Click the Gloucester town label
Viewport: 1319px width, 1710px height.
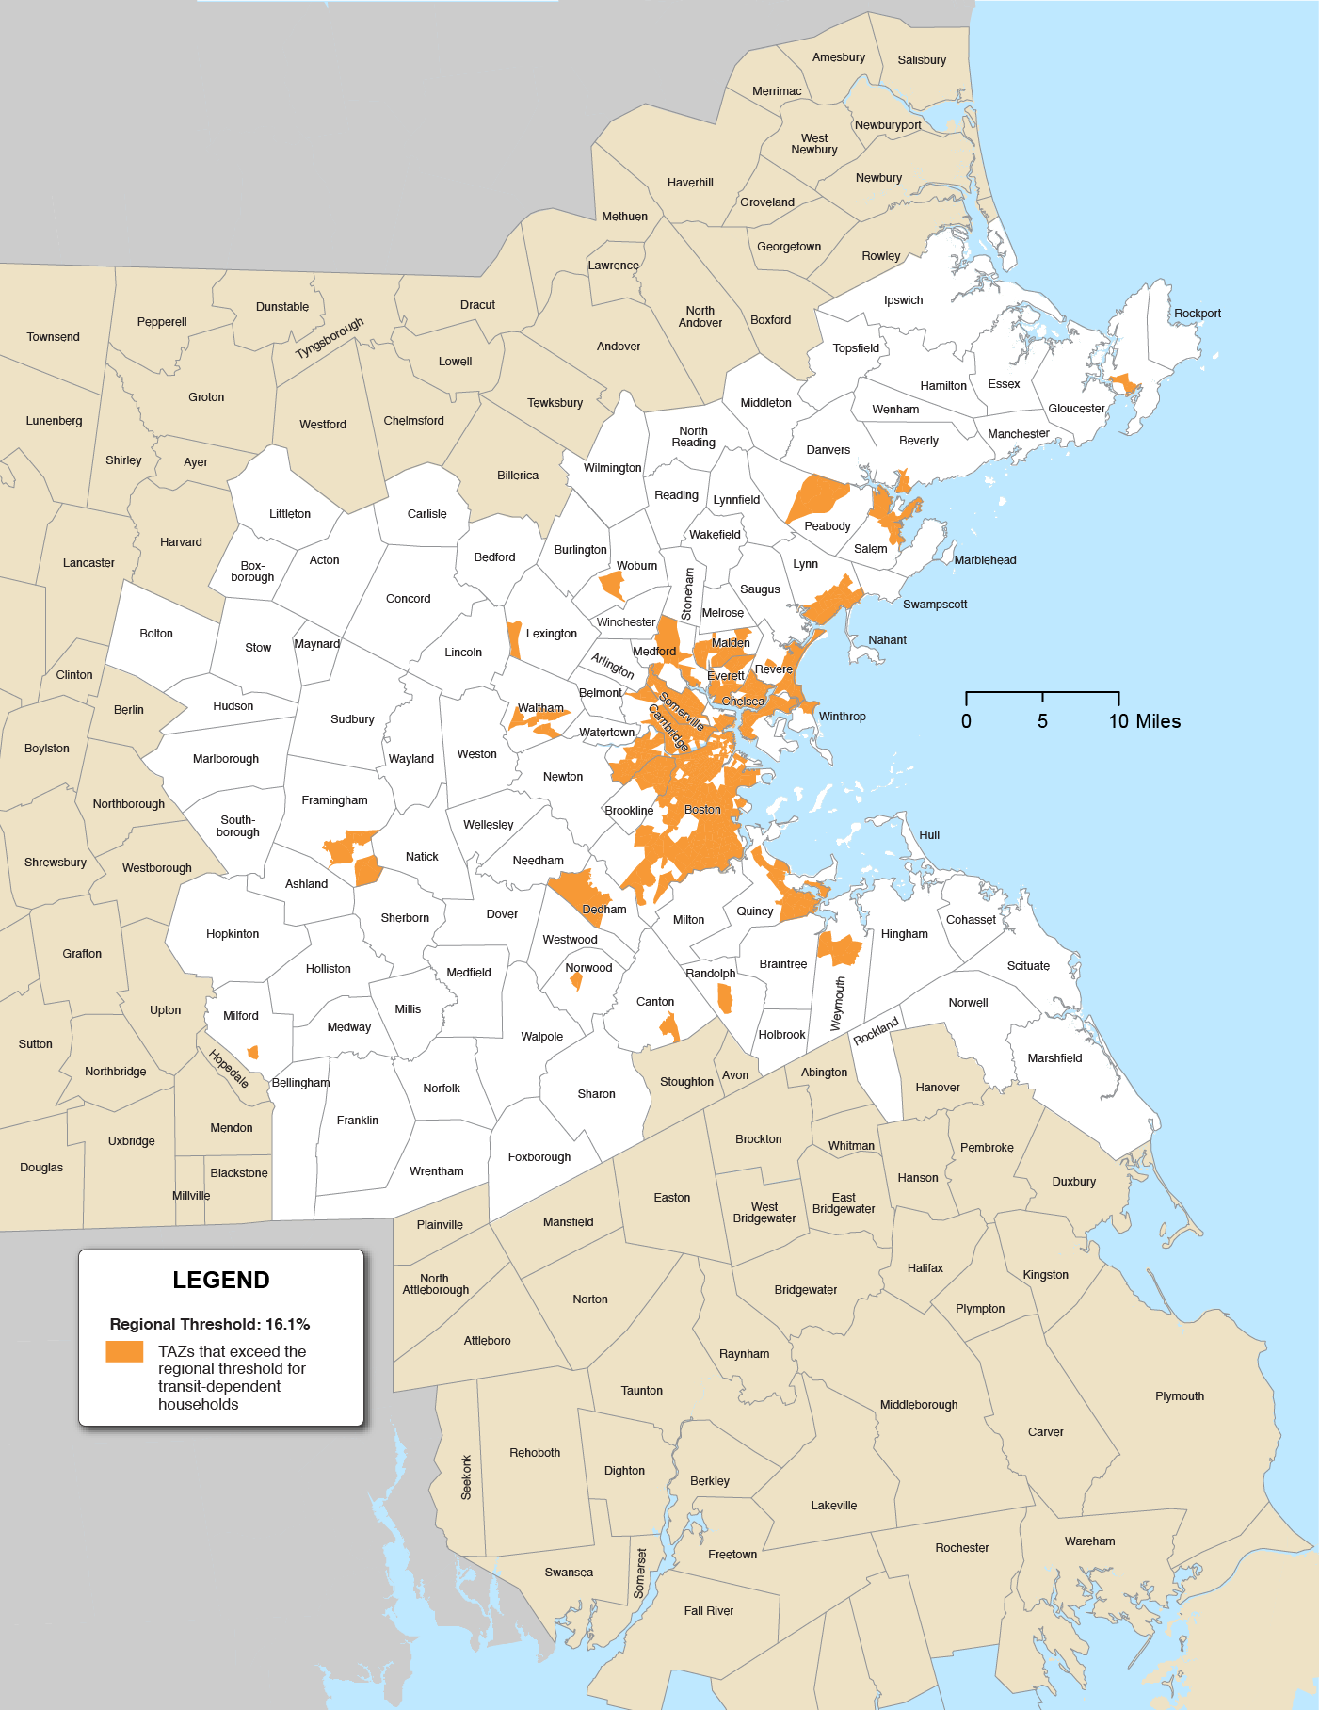point(1076,409)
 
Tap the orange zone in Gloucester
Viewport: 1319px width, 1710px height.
point(1124,383)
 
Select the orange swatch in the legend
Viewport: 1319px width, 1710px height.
point(124,1351)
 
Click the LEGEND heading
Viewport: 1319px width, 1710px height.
point(221,1280)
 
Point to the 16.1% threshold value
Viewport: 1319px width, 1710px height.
point(287,1324)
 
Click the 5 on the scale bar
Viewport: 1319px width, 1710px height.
point(1042,721)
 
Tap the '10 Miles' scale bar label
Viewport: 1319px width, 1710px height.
point(1144,721)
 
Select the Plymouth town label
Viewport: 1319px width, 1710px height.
point(1179,1396)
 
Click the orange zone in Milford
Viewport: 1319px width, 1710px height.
point(252,1052)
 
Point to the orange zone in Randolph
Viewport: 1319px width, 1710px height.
point(725,997)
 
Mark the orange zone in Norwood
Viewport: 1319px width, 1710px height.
point(576,982)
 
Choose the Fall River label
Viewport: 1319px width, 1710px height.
point(708,1611)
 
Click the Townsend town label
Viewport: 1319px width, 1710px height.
point(53,337)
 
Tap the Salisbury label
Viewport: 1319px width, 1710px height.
point(922,60)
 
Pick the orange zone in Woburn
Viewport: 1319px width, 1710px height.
point(613,586)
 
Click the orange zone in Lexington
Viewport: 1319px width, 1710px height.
point(514,638)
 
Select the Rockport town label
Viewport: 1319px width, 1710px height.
point(1197,314)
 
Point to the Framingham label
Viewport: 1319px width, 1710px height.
point(334,800)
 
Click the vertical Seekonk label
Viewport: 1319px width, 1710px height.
point(466,1476)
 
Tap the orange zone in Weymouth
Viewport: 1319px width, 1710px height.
point(839,949)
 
